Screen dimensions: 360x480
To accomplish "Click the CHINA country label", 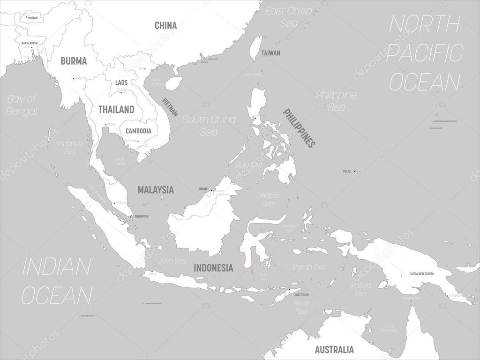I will point(165,25).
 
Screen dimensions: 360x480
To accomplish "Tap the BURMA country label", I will point(74,61).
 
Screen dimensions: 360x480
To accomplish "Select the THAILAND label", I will point(116,110).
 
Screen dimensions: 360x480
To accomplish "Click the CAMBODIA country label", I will point(138,131).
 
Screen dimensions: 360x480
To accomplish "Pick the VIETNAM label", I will point(171,107).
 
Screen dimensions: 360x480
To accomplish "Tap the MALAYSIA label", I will point(156,190).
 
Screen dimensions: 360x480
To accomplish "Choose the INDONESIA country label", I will point(214,268).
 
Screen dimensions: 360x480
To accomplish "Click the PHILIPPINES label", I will point(298,127).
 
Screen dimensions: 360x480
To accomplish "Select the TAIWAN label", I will point(271,53).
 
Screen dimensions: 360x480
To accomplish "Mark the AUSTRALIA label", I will point(334,350).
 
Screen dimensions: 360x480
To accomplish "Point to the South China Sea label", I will point(209,126).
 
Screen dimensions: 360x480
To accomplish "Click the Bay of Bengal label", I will point(22,105).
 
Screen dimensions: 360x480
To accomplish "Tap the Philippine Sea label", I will point(336,101).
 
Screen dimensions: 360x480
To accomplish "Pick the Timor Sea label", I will point(300,307).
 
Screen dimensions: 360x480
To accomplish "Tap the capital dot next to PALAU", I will point(355,171).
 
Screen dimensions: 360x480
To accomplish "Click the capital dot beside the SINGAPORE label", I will point(131,216).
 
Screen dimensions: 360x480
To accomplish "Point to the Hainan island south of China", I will point(174,83).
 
